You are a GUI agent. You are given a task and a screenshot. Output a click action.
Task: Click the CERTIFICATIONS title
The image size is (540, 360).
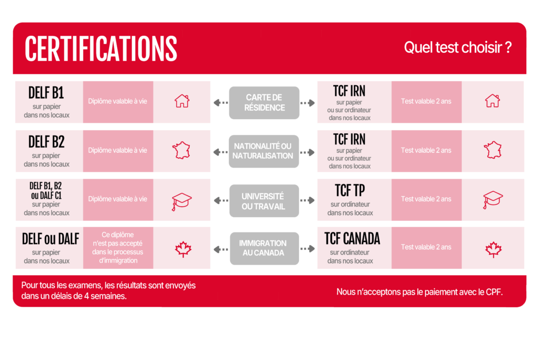point(101,48)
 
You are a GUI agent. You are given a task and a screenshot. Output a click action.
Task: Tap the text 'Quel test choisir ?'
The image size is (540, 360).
point(458,47)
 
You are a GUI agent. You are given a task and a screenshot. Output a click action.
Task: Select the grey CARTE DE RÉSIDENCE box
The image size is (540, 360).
point(264,103)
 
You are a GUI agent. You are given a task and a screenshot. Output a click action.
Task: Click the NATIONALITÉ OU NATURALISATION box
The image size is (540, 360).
point(264,151)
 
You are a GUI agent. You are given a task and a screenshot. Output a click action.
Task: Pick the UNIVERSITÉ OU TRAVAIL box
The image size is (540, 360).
point(264,201)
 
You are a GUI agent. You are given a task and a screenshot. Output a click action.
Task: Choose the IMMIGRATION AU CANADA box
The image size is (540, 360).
point(265,248)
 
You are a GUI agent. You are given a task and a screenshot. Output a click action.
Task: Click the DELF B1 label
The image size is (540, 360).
point(46,93)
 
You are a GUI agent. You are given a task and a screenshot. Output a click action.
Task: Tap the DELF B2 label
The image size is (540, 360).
point(46,142)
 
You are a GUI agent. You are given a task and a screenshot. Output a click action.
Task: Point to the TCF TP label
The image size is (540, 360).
point(350,190)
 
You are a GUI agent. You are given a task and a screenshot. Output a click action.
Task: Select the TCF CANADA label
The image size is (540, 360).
point(352,239)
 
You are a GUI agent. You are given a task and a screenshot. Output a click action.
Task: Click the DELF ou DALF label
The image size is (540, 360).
point(50,239)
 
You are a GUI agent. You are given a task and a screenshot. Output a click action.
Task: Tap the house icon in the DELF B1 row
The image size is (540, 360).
point(182,101)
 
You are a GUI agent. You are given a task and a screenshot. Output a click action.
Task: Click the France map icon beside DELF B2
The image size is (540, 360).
point(181,150)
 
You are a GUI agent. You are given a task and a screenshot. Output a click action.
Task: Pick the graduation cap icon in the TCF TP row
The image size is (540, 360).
point(493,200)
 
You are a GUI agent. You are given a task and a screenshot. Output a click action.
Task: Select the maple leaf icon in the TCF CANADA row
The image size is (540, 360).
point(494,249)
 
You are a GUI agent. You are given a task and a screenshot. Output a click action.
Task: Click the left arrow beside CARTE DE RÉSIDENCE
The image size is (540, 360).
point(221,103)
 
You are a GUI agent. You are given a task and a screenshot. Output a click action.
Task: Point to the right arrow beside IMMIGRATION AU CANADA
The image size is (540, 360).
point(307,248)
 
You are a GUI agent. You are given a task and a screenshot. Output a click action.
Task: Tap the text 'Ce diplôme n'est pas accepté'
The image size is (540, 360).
point(118,239)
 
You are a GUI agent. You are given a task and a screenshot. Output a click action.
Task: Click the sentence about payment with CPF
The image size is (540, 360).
point(419,292)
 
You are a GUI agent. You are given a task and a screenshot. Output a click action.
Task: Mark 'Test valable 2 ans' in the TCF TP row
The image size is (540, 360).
point(426,199)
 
